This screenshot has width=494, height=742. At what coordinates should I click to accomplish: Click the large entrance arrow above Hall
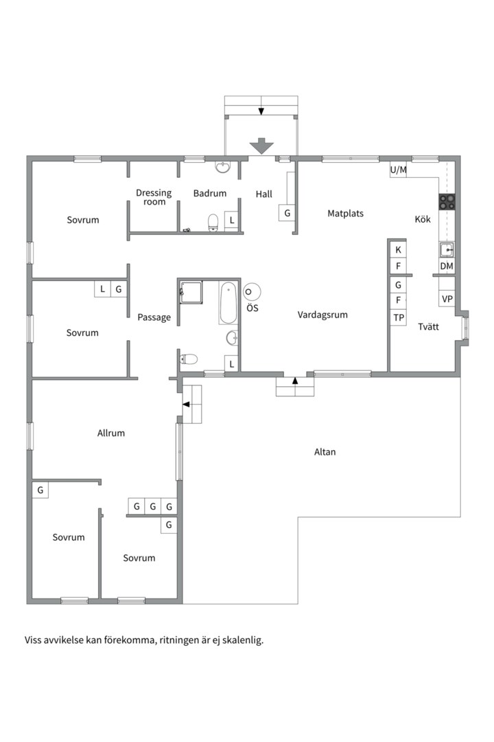pos(261,146)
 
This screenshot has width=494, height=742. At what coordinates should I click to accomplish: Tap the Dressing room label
pos(154,197)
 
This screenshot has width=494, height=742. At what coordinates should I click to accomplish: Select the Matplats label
pos(346,214)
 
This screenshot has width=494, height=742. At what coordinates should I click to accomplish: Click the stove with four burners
pos(447,202)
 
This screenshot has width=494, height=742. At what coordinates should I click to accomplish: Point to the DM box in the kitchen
pos(447,266)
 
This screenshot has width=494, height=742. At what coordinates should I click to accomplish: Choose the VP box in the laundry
pos(447,299)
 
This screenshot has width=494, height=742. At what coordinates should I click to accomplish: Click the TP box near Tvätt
pos(399,317)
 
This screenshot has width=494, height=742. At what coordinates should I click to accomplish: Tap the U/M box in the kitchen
pos(398,170)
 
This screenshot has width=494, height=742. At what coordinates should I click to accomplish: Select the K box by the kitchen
pos(398,250)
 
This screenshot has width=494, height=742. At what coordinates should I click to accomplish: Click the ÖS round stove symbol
pos(252,292)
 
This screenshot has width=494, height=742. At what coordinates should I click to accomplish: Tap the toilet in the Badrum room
pos(213,223)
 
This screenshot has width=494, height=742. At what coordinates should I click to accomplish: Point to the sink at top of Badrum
pos(223,167)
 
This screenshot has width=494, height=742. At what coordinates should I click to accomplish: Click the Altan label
pos(325,452)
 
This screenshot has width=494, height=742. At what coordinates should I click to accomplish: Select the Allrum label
pos(111,433)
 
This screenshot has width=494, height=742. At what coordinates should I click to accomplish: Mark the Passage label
pos(154,317)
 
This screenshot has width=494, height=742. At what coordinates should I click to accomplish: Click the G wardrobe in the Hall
pos(287,213)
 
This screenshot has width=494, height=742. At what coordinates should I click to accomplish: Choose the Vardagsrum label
pos(322,315)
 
